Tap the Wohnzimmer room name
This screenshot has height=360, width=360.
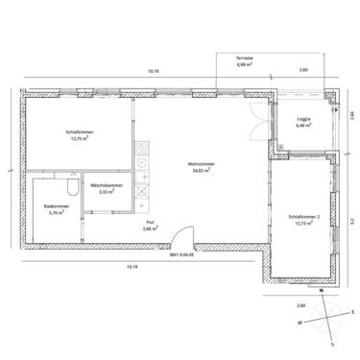tap(200, 163)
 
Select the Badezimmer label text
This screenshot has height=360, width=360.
tap(54, 206)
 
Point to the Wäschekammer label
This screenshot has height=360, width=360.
tap(105, 184)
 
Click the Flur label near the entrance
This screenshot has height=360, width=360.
tap(150, 222)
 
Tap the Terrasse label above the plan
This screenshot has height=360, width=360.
tap(245, 58)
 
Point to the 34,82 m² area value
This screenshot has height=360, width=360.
tap(200, 170)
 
